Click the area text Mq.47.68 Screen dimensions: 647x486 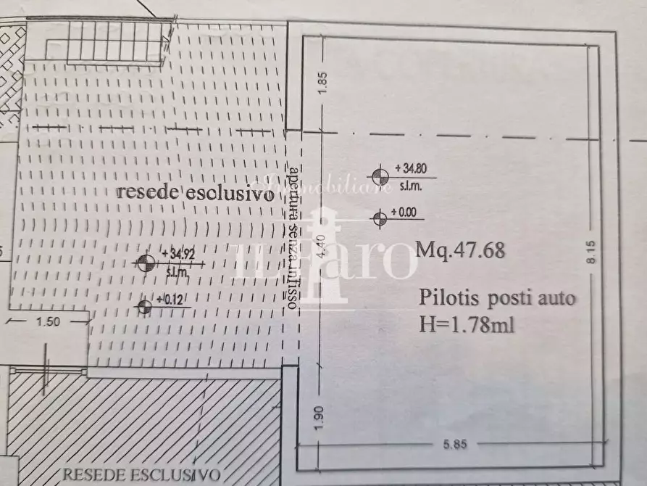click(461, 250)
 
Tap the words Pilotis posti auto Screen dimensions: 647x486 click(498, 299)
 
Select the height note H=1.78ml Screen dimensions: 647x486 click(467, 324)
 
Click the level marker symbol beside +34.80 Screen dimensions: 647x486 click(379, 176)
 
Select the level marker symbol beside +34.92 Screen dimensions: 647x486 click(146, 262)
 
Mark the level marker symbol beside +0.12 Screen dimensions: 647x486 click(144, 308)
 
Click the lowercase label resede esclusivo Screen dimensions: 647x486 click(196, 194)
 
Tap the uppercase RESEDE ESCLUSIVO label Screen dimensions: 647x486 click(132, 474)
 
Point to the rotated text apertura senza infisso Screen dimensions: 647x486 click(293, 239)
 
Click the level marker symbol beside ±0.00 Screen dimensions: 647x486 click(379, 217)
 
